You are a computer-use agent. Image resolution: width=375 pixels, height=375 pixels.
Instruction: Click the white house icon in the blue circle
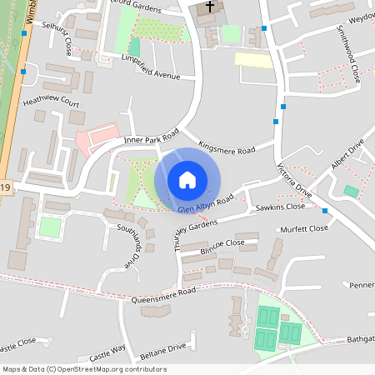click(x=187, y=179)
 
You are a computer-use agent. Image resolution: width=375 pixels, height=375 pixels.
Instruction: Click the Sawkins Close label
click(x=281, y=207)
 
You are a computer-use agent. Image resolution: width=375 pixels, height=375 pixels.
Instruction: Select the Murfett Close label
click(x=305, y=228)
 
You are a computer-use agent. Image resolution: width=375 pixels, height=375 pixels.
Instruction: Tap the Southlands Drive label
click(x=132, y=245)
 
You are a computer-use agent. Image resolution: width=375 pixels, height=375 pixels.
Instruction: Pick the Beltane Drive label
click(x=162, y=347)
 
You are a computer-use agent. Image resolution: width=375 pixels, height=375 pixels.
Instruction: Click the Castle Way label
click(x=107, y=349)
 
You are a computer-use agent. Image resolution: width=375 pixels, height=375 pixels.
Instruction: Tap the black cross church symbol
click(x=210, y=7)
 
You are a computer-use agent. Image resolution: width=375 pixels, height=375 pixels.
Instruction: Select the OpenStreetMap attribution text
click(x=83, y=369)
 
